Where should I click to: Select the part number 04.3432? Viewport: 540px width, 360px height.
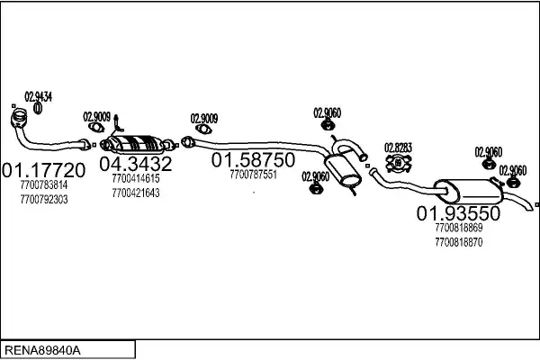(135, 164)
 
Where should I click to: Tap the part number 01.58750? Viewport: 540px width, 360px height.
(253, 159)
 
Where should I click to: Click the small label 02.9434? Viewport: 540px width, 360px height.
(38, 96)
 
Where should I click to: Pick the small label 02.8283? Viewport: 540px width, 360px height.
(398, 148)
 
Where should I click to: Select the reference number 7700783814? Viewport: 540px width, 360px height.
(43, 185)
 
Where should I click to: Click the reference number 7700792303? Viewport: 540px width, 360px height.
(43, 199)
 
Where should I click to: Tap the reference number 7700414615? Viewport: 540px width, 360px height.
(136, 179)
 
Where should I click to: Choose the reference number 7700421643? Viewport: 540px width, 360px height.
(136, 193)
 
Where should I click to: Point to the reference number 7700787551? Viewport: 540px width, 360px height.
(253, 175)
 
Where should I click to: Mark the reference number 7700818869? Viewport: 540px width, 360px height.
(458, 229)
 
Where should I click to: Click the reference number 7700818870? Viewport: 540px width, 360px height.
(458, 242)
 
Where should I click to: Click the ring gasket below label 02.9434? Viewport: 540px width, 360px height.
(39, 110)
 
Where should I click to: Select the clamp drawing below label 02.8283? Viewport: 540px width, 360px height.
(398, 163)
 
